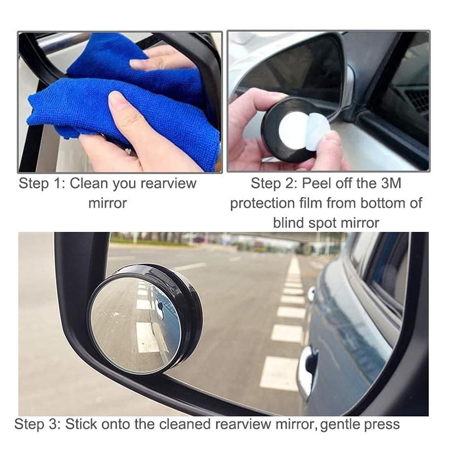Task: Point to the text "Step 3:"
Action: pos(37,424)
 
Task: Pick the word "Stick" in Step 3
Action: pos(82,424)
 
